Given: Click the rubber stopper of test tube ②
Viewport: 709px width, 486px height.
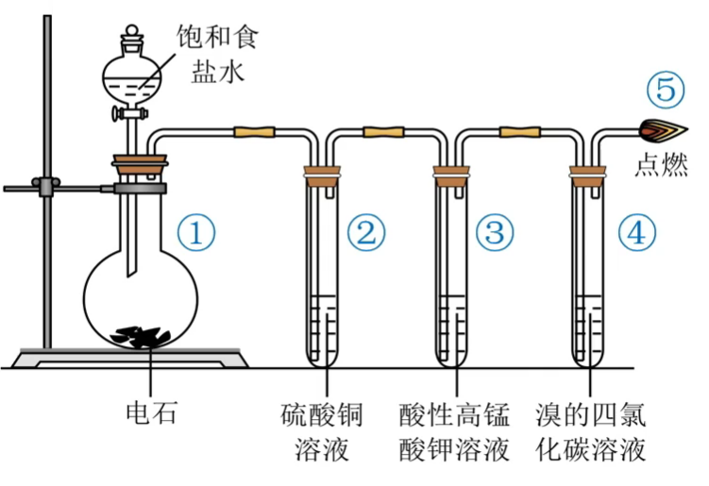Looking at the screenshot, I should (320, 175).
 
